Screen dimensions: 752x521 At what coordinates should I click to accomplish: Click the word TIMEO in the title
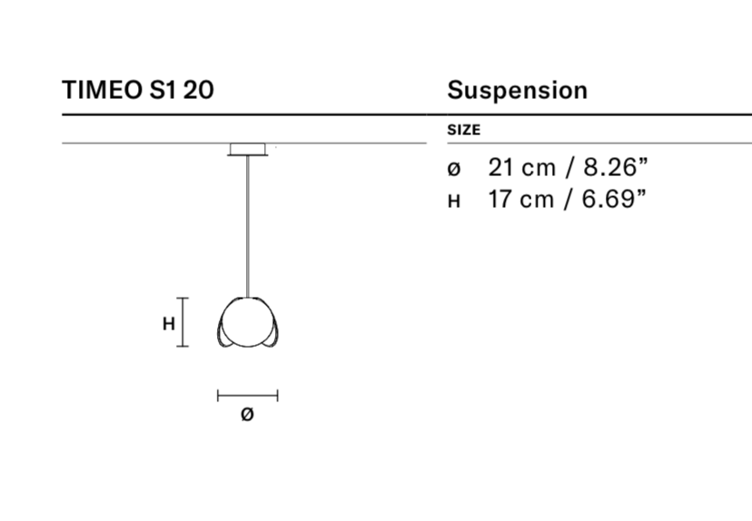[103, 90]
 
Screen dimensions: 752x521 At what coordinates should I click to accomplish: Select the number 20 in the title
[199, 90]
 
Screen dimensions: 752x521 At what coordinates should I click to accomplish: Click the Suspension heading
[517, 90]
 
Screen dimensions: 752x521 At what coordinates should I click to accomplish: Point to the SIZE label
[464, 130]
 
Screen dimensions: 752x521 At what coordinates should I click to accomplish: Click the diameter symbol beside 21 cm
[454, 169]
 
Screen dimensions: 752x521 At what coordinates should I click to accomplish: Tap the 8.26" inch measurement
[616, 167]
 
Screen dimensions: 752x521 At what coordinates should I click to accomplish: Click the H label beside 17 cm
[454, 202]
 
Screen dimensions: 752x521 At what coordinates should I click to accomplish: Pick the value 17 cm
[520, 199]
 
